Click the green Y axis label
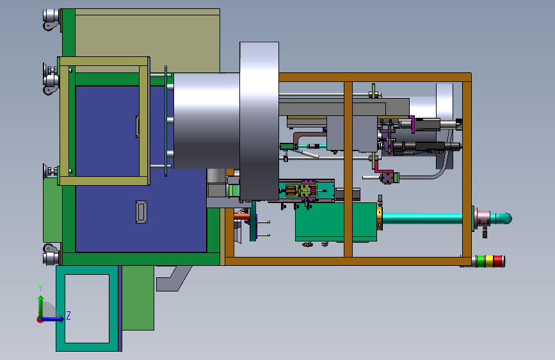click(x=40, y=288)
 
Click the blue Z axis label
click(x=68, y=315)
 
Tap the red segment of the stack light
click(x=497, y=261)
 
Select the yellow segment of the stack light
click(x=489, y=261)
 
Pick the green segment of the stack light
click(x=481, y=261)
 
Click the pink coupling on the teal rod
click(x=483, y=218)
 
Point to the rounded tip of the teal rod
click(x=509, y=218)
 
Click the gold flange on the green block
click(x=380, y=218)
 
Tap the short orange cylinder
click(x=242, y=215)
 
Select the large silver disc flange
click(x=259, y=121)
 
